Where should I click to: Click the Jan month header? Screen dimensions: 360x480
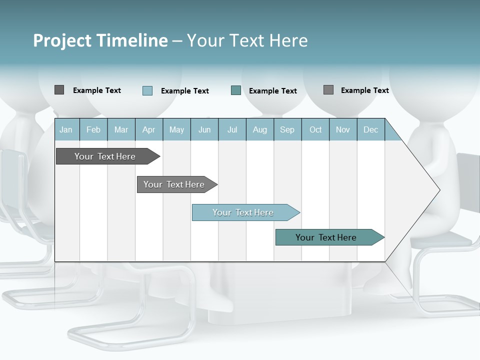(x=66, y=130)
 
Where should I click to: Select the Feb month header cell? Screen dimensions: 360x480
(x=93, y=130)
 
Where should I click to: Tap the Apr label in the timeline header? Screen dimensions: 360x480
(x=148, y=130)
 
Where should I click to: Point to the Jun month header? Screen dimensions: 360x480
(x=204, y=130)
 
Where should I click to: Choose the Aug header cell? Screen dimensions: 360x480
(x=259, y=130)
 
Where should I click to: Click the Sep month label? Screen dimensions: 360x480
(x=287, y=130)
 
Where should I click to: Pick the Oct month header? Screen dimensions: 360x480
(x=315, y=130)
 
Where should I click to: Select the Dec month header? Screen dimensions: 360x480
(x=370, y=130)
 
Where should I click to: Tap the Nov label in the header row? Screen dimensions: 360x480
(x=343, y=130)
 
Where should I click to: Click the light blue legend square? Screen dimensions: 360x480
(x=147, y=90)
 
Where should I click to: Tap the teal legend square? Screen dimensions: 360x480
(x=236, y=90)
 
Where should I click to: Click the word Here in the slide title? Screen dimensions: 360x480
(x=288, y=40)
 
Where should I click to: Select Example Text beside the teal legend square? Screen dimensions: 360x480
(x=272, y=91)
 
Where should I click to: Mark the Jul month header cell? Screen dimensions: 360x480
(x=232, y=130)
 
